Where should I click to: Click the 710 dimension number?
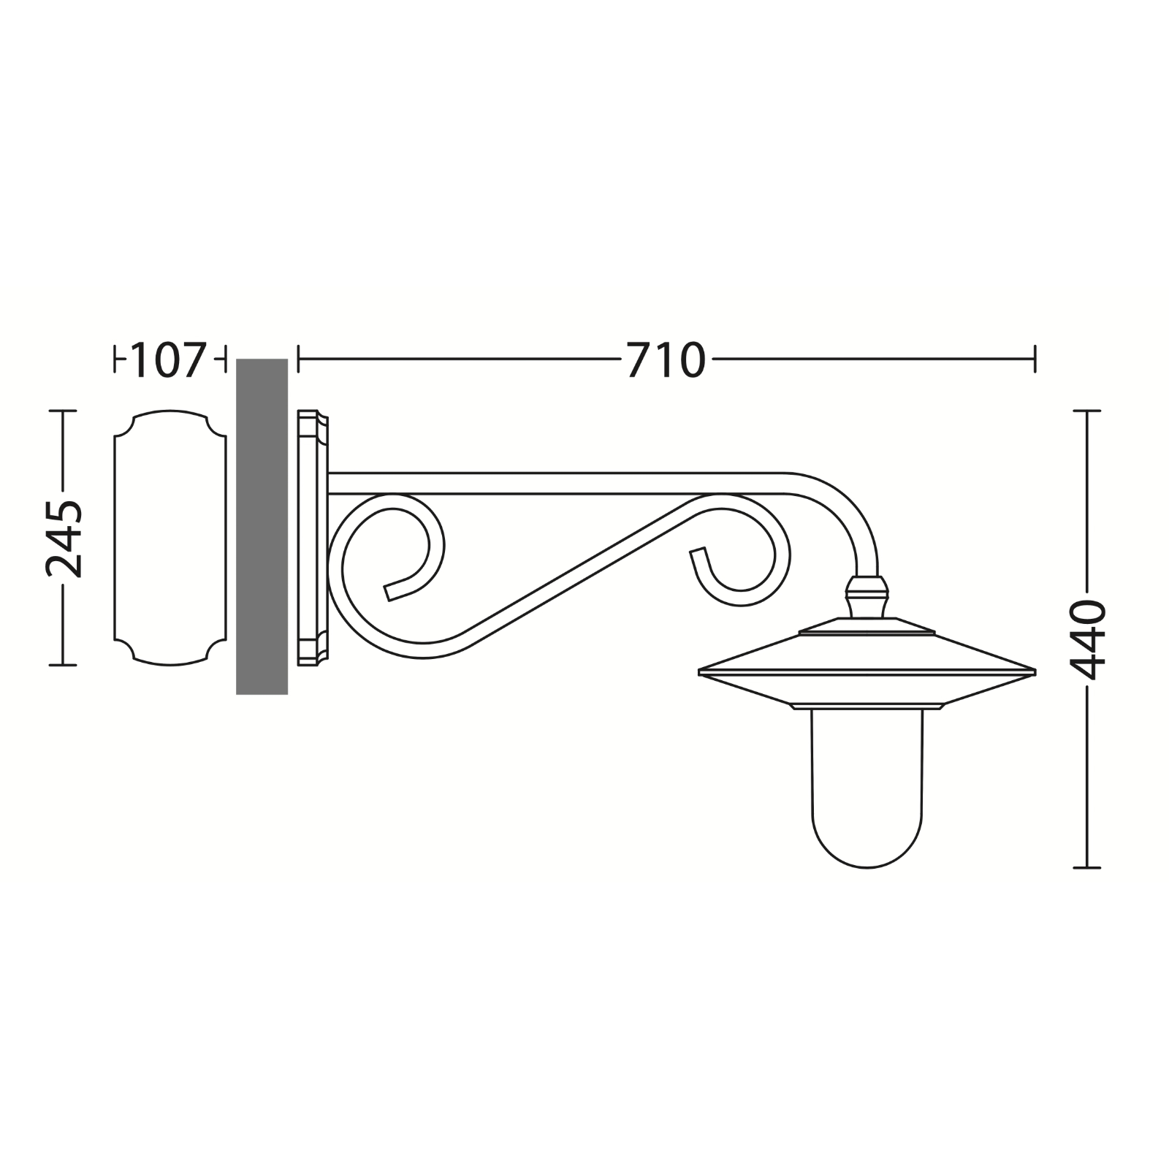pos(666,359)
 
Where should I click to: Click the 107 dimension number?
pos(167,359)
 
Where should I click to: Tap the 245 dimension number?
pos(64,538)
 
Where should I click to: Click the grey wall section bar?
pos(262,526)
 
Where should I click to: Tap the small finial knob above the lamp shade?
pos(867,596)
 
